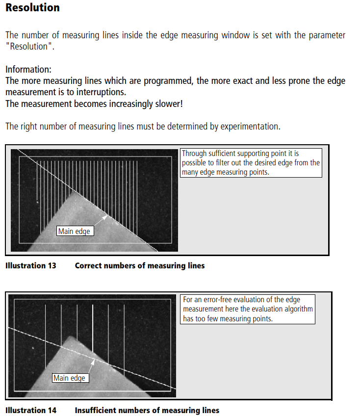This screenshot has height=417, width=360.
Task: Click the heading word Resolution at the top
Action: [32, 8]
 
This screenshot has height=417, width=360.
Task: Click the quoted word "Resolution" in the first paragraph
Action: [29, 47]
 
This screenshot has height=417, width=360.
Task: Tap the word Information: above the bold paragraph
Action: [28, 70]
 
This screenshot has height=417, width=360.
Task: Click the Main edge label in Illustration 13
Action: [74, 231]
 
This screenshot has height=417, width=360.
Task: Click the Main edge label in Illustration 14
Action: [69, 378]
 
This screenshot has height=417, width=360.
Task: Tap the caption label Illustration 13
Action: [31, 266]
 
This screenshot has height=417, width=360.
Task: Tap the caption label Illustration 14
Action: [31, 410]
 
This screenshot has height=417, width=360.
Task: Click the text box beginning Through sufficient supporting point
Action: [251, 163]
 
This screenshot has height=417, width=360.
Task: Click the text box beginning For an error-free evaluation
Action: [248, 309]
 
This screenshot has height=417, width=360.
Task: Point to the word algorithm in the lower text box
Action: [296, 310]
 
